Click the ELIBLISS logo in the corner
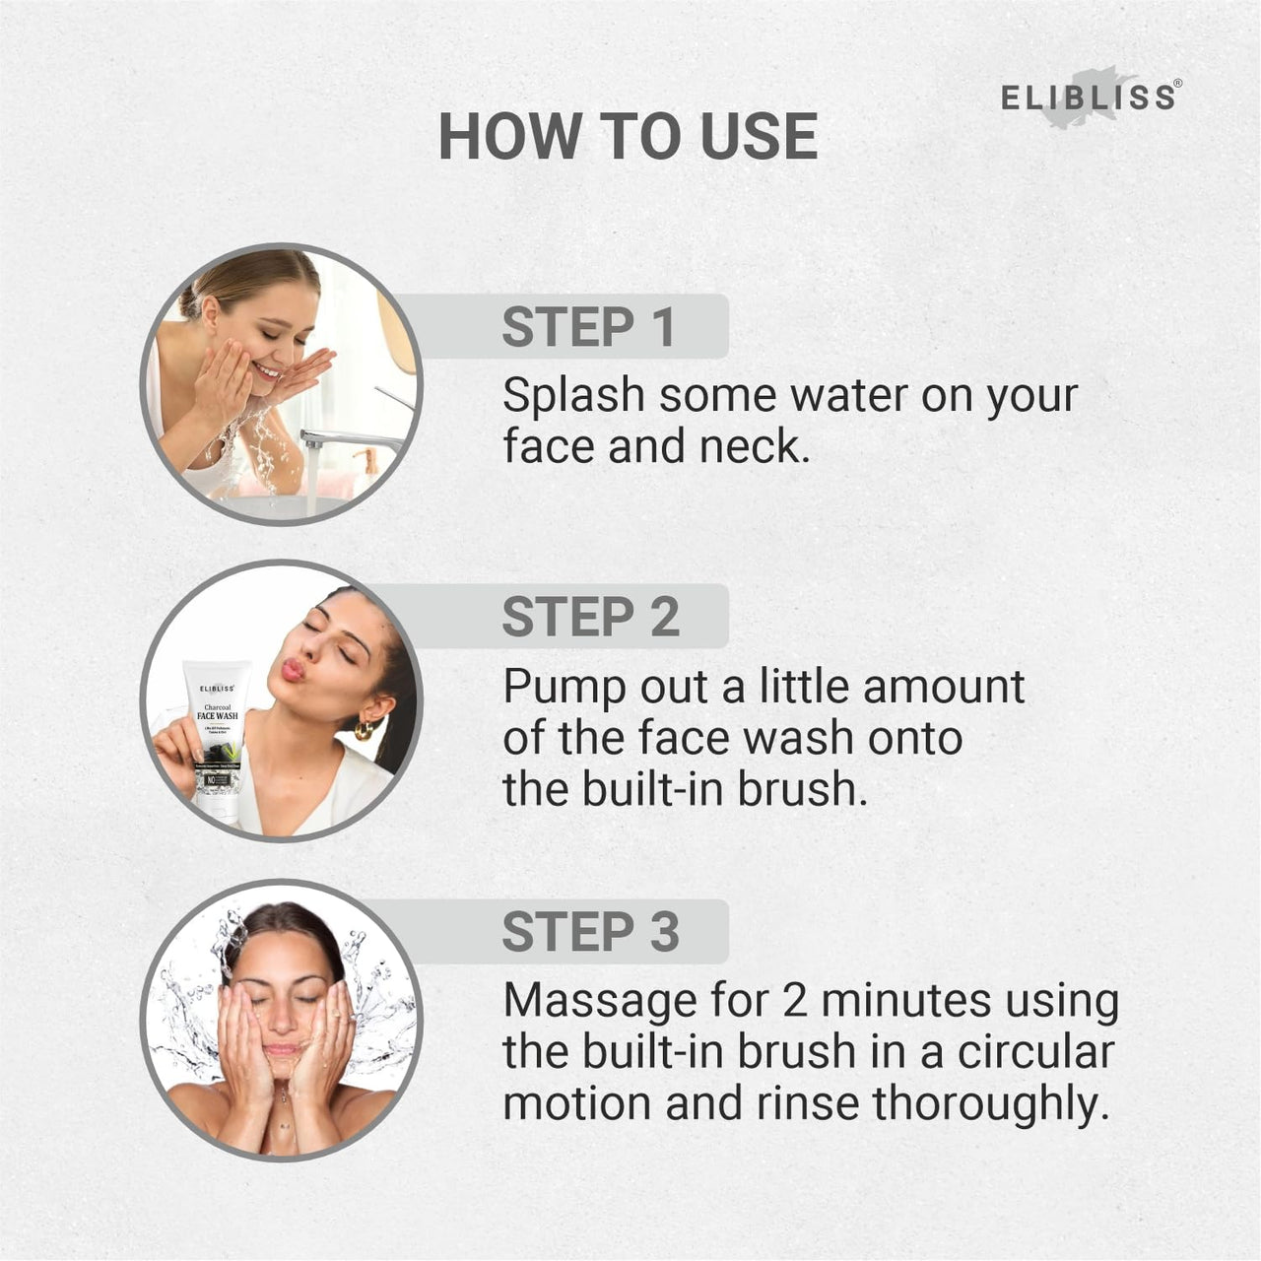1088,98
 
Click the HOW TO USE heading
629,136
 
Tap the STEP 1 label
588,327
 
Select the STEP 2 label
590,617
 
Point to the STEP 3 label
590,932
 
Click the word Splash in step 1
572,396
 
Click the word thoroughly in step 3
985,1103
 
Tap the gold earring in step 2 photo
365,729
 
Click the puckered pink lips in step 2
293,670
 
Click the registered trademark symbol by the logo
1177,84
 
